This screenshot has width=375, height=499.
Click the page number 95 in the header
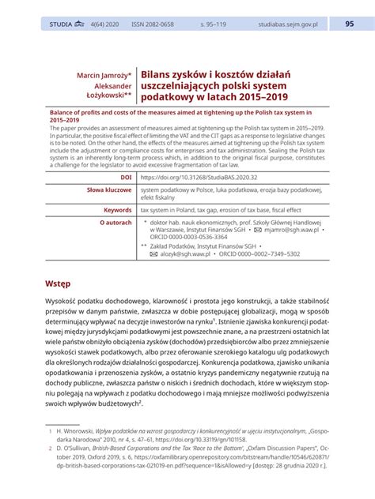350,24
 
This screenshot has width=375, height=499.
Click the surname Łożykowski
105,96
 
